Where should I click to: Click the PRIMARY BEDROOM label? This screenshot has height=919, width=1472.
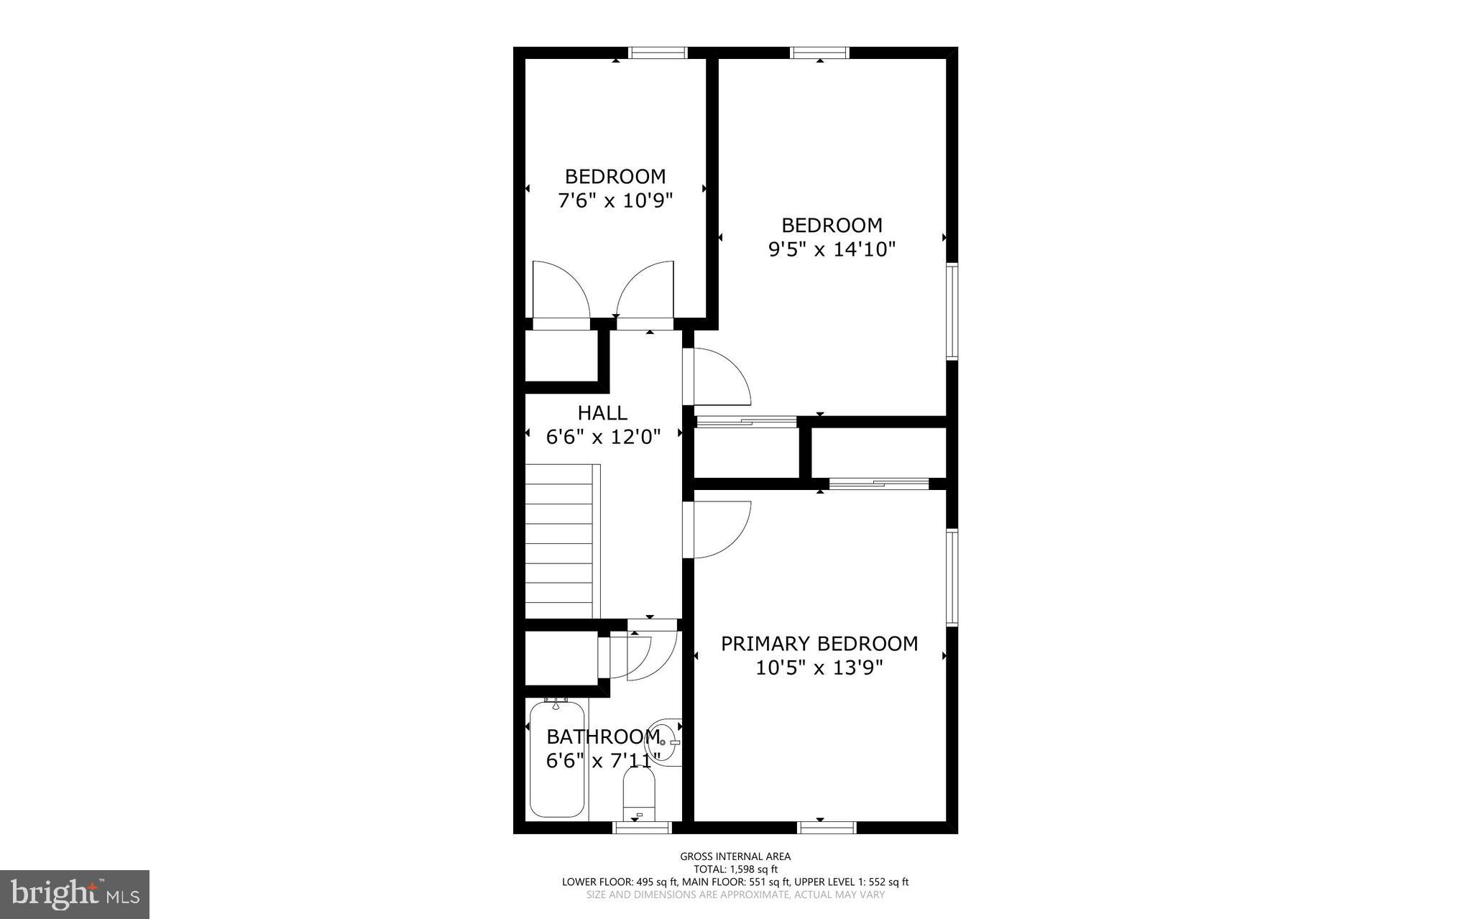tap(819, 643)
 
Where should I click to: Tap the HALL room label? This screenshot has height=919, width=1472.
tap(602, 412)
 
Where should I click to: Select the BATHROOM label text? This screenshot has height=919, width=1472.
tap(603, 736)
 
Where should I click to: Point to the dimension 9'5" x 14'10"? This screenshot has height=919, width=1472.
tap(832, 249)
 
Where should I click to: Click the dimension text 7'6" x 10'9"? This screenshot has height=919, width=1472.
tap(615, 200)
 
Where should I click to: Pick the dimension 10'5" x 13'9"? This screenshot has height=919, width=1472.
tap(819, 668)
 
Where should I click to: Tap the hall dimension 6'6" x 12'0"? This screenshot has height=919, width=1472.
tap(603, 436)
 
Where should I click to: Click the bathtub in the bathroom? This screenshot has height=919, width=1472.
tap(557, 759)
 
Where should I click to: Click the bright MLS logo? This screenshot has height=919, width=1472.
tap(75, 894)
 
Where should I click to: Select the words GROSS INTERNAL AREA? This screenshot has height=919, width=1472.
tap(735, 856)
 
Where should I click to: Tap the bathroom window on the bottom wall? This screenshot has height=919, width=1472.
tap(642, 828)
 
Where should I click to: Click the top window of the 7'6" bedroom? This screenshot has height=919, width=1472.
tap(658, 52)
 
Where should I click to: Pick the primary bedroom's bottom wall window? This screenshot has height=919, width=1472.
tap(827, 828)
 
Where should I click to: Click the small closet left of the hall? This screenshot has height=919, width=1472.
tap(561, 356)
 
